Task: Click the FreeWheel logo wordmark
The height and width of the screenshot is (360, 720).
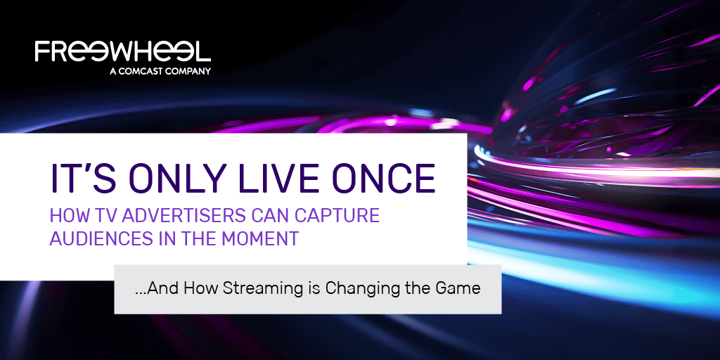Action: tap(122, 51)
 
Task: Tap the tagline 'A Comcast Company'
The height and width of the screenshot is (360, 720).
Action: tap(160, 71)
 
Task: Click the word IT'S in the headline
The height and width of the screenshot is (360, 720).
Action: tap(77, 177)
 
